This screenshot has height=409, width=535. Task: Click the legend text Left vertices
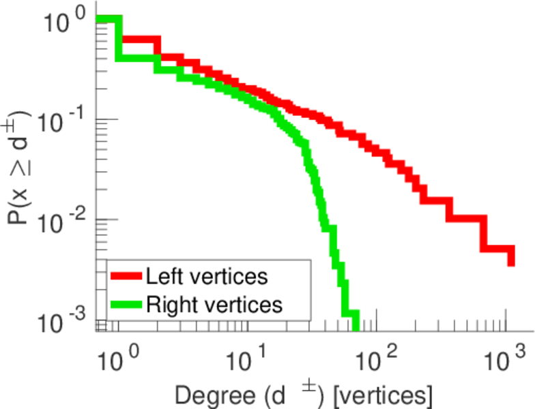tap(206, 277)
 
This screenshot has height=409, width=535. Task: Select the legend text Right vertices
tap(214, 304)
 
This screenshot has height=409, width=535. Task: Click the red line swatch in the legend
tap(126, 277)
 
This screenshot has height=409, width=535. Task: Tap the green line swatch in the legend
tap(126, 305)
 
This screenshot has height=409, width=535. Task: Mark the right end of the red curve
tap(510, 260)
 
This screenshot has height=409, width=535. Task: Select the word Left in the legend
tap(161, 277)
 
